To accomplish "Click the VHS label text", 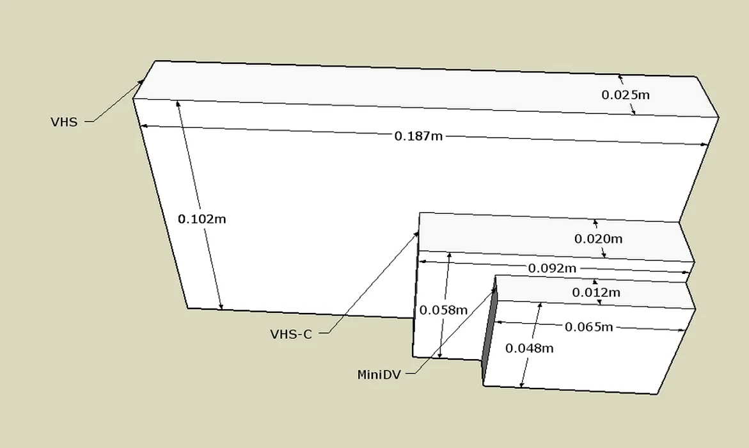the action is click(x=64, y=122).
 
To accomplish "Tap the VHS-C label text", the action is click(x=291, y=334).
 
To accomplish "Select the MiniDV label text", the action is click(x=379, y=374).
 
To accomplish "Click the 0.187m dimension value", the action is click(x=418, y=136).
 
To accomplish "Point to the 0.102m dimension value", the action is click(x=201, y=219).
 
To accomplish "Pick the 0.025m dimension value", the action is click(x=626, y=95).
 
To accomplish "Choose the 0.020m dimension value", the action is click(x=598, y=239).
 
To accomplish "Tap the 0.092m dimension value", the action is click(x=552, y=268).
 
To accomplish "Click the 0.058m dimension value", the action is click(x=443, y=310).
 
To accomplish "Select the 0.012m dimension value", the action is click(x=596, y=292).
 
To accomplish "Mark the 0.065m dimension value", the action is click(x=588, y=327).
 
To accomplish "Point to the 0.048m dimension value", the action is click(x=529, y=348).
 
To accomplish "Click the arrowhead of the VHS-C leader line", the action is click(x=416, y=235).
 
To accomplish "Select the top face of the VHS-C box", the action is click(x=556, y=237).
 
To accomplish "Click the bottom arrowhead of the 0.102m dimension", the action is click(x=221, y=307).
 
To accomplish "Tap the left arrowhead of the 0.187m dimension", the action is click(x=143, y=125).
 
